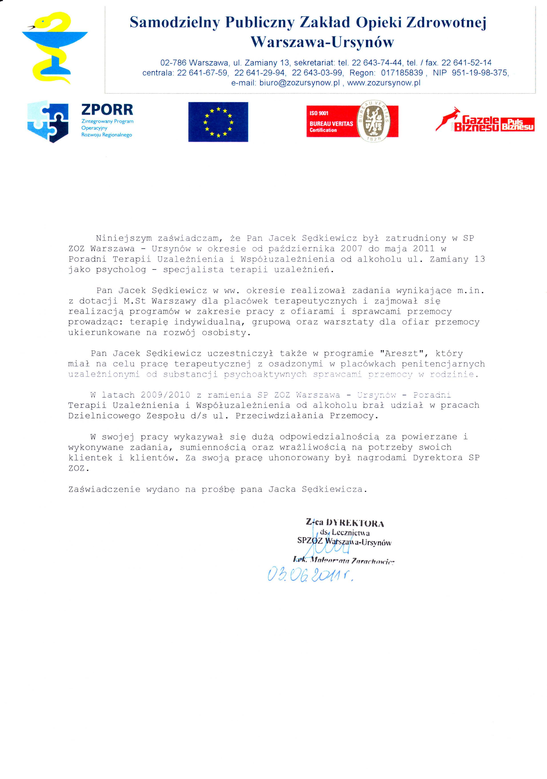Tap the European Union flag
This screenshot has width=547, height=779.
pyautogui.click(x=218, y=122)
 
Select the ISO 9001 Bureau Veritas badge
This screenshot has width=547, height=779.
pyautogui.click(x=352, y=121)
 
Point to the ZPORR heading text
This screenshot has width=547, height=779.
pyautogui.click(x=107, y=110)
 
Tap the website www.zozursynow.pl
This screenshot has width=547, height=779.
pyautogui.click(x=384, y=83)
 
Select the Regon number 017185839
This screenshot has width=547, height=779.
pyautogui.click(x=402, y=73)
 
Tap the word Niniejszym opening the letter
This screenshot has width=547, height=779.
pyautogui.click(x=124, y=238)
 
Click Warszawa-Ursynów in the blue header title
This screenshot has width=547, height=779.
pyautogui.click(x=322, y=42)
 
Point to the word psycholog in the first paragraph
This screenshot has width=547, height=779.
pyautogui.click(x=121, y=270)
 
